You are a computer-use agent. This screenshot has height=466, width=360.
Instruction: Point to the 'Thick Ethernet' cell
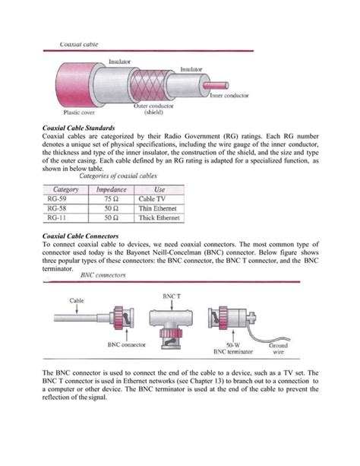161,217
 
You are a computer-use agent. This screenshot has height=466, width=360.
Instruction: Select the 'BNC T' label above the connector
173,293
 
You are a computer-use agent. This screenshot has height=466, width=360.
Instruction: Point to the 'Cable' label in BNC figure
77,301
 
